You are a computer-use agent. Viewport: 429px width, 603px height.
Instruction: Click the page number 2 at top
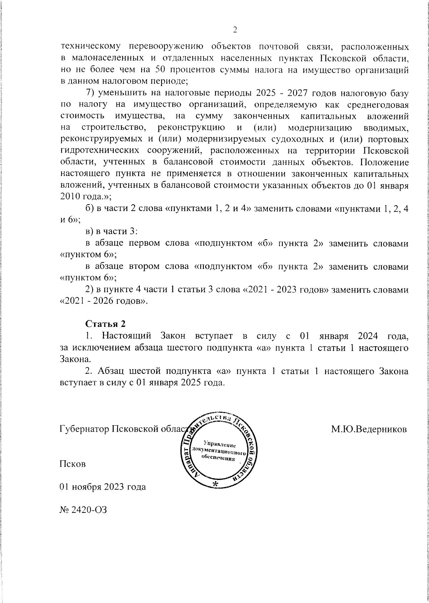235,30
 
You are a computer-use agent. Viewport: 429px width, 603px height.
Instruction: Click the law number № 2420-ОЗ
83,509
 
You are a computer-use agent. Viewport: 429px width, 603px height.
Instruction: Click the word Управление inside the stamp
220,444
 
